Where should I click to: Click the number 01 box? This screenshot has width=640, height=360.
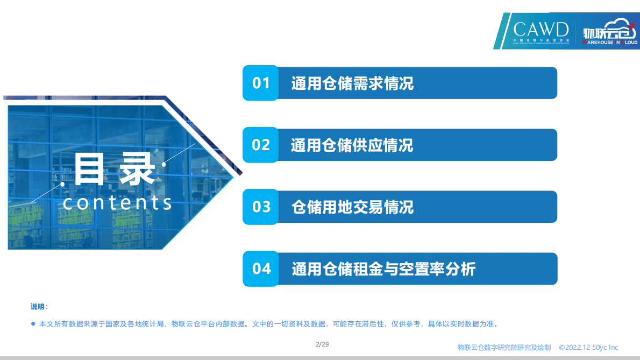[261, 83]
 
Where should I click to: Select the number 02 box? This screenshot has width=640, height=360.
[261, 145]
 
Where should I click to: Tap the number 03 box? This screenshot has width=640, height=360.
[261, 207]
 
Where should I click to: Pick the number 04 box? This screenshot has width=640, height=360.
[261, 268]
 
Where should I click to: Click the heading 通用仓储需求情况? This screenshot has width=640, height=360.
[352, 83]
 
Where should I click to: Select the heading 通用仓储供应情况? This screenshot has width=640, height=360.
[352, 145]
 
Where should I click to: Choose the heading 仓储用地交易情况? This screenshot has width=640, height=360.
[352, 207]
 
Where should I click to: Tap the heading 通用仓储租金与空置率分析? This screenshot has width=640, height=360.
[383, 269]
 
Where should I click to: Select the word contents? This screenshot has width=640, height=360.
[117, 203]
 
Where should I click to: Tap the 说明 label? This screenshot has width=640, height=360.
[39, 307]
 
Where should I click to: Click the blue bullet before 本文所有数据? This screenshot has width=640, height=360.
[33, 324]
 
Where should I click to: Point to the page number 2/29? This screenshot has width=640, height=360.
[322, 344]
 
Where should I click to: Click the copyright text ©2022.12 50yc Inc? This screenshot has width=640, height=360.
[588, 348]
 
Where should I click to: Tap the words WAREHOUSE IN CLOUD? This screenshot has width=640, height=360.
[610, 41]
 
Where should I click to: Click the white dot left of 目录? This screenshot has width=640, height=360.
[63, 184]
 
